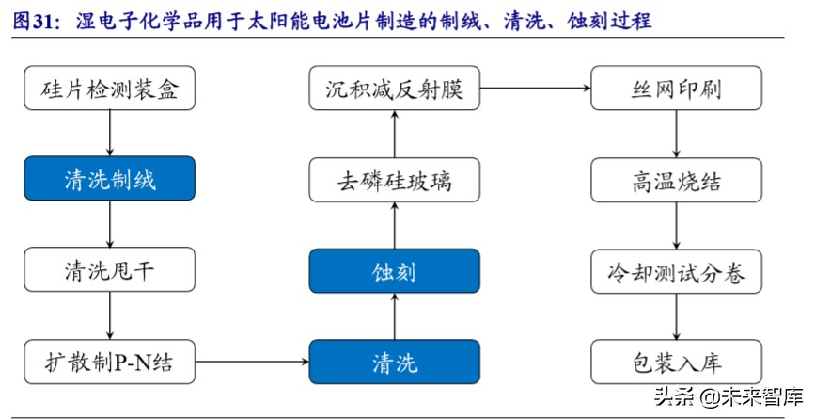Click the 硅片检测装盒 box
pyautogui.click(x=110, y=90)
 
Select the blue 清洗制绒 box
pyautogui.click(x=110, y=178)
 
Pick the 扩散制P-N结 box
pyautogui.click(x=110, y=361)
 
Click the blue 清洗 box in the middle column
pyautogui.click(x=394, y=361)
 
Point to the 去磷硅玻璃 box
pyautogui.click(x=394, y=179)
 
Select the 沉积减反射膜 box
pyautogui.click(x=394, y=90)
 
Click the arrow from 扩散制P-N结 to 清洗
pyautogui.click(x=252, y=361)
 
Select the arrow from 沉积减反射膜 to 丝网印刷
pyautogui.click(x=535, y=90)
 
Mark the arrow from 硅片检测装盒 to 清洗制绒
pyautogui.click(x=110, y=134)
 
